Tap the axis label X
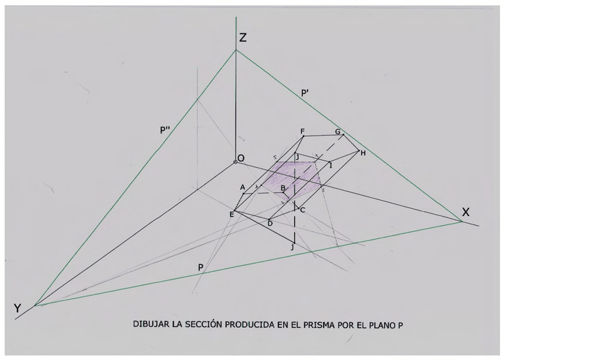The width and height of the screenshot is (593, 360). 466,213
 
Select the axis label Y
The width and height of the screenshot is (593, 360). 17,308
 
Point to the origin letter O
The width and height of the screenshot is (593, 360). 241,159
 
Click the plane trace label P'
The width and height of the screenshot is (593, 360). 306,92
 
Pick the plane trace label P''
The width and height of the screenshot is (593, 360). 165,130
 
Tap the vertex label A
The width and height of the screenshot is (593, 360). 243,187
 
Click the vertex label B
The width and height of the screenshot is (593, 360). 283,188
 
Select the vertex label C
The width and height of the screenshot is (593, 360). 302,210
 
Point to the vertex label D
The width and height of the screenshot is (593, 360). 270,223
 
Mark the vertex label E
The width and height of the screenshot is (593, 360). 231,214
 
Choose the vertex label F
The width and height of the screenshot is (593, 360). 302,131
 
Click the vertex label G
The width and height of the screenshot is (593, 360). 337,131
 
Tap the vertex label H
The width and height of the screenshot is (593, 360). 363,153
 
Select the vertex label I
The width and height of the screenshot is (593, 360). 331,165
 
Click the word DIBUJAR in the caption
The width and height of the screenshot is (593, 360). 152,324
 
